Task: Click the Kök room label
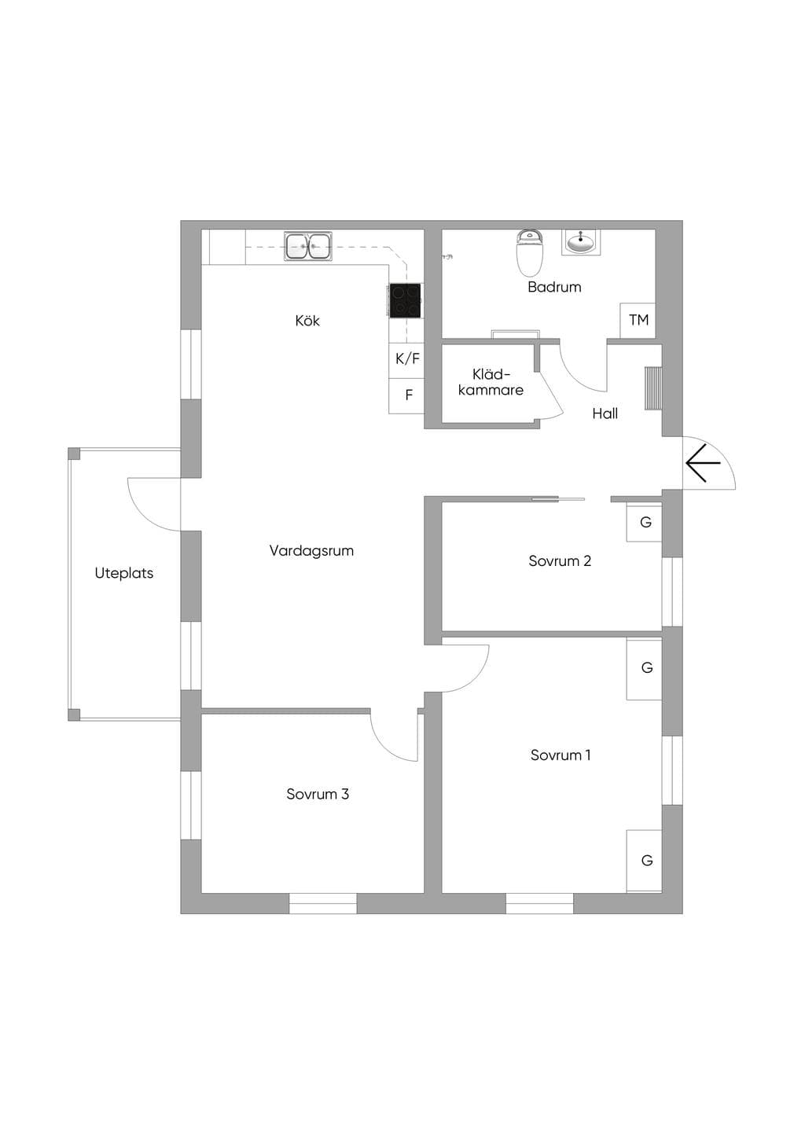pos(307,321)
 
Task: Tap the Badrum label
pos(554,287)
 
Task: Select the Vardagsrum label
pos(311,551)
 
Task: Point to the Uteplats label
pos(124,574)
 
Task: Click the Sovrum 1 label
pos(561,755)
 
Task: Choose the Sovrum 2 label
pos(560,561)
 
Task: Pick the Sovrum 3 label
pos(318,794)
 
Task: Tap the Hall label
pos(605,413)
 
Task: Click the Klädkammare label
pos(491,382)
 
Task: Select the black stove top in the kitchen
pos(406,300)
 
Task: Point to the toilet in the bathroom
pos(530,252)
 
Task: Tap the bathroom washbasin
pos(581,242)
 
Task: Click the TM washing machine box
pos(638,321)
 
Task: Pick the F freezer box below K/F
pos(406,395)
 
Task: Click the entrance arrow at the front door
pos(704,463)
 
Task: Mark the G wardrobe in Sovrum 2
pos(645,522)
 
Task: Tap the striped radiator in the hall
pos(653,388)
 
